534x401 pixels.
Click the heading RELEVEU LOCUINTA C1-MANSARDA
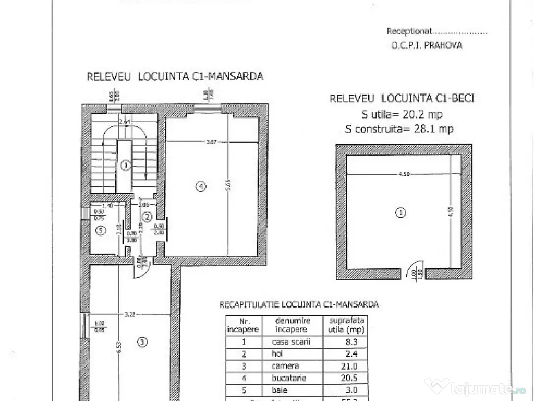175,76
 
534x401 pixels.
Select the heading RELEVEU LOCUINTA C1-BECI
402,98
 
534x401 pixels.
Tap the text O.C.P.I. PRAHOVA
427,45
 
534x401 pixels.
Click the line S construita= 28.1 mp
399,128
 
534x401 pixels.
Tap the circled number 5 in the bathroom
101,230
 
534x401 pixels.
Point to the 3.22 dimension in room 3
130,314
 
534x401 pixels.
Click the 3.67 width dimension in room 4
212,141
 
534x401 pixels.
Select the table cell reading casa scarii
292,343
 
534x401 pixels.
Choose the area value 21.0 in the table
344,367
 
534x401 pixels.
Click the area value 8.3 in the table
344,343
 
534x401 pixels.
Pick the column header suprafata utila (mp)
344,325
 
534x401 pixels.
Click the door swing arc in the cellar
416,265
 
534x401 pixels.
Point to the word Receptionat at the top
409,31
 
